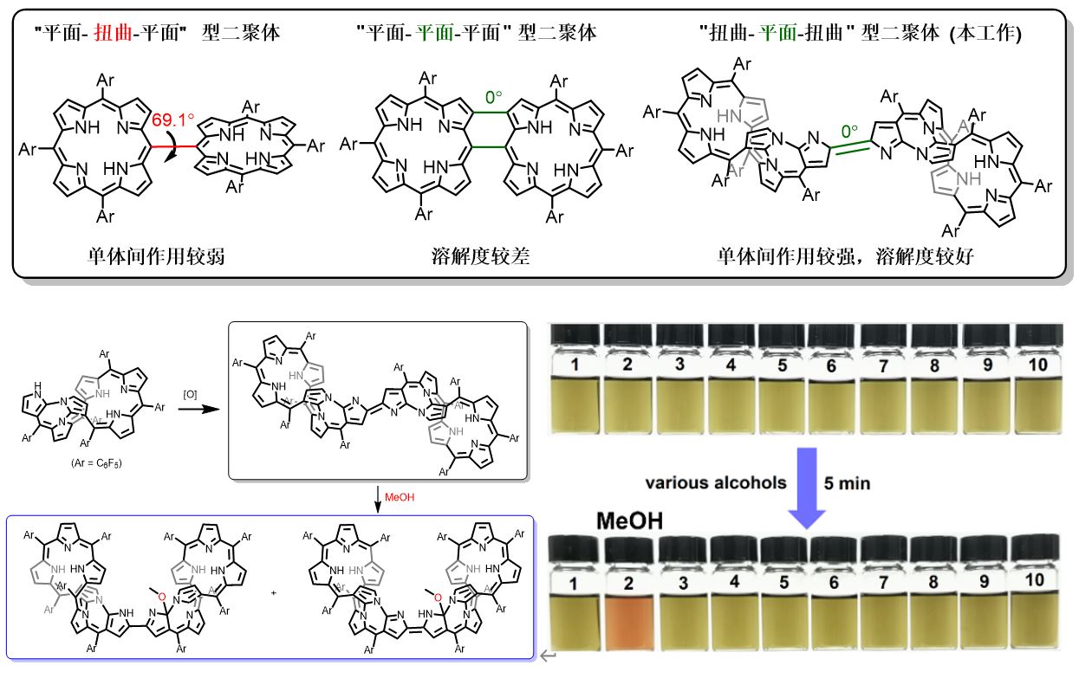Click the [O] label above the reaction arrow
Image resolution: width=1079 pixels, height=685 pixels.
point(189,394)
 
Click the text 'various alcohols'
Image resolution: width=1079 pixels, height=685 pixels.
point(714,483)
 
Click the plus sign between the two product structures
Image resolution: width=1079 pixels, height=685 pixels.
point(275,593)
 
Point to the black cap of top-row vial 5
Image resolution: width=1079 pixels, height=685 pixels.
point(783,333)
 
